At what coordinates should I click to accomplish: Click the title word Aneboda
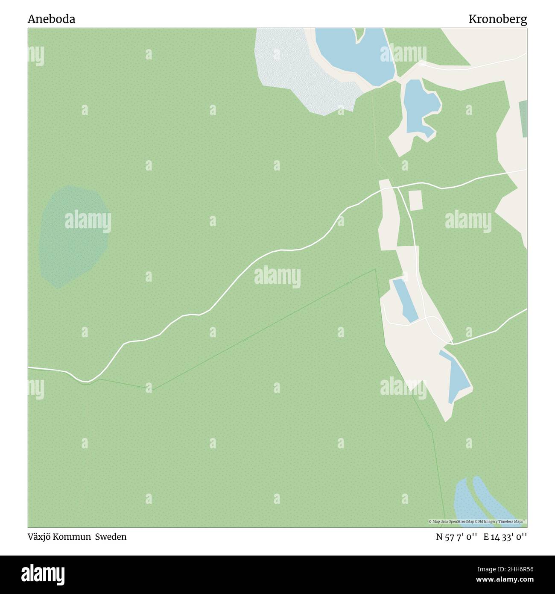pyautogui.click(x=51, y=19)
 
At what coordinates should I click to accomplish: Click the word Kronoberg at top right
pyautogui.click(x=497, y=19)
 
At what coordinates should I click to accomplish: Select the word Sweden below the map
pyautogui.click(x=111, y=537)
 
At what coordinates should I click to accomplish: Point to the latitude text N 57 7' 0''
pyautogui.click(x=456, y=537)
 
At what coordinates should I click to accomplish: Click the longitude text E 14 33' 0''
pyautogui.click(x=505, y=537)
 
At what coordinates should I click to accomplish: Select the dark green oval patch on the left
pyautogui.click(x=73, y=235)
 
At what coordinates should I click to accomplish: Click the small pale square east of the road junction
pyautogui.click(x=415, y=200)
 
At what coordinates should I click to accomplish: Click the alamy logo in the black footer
pyautogui.click(x=43, y=574)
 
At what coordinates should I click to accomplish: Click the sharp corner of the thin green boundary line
pyautogui.click(x=375, y=270)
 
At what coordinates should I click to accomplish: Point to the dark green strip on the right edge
pyautogui.click(x=523, y=119)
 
